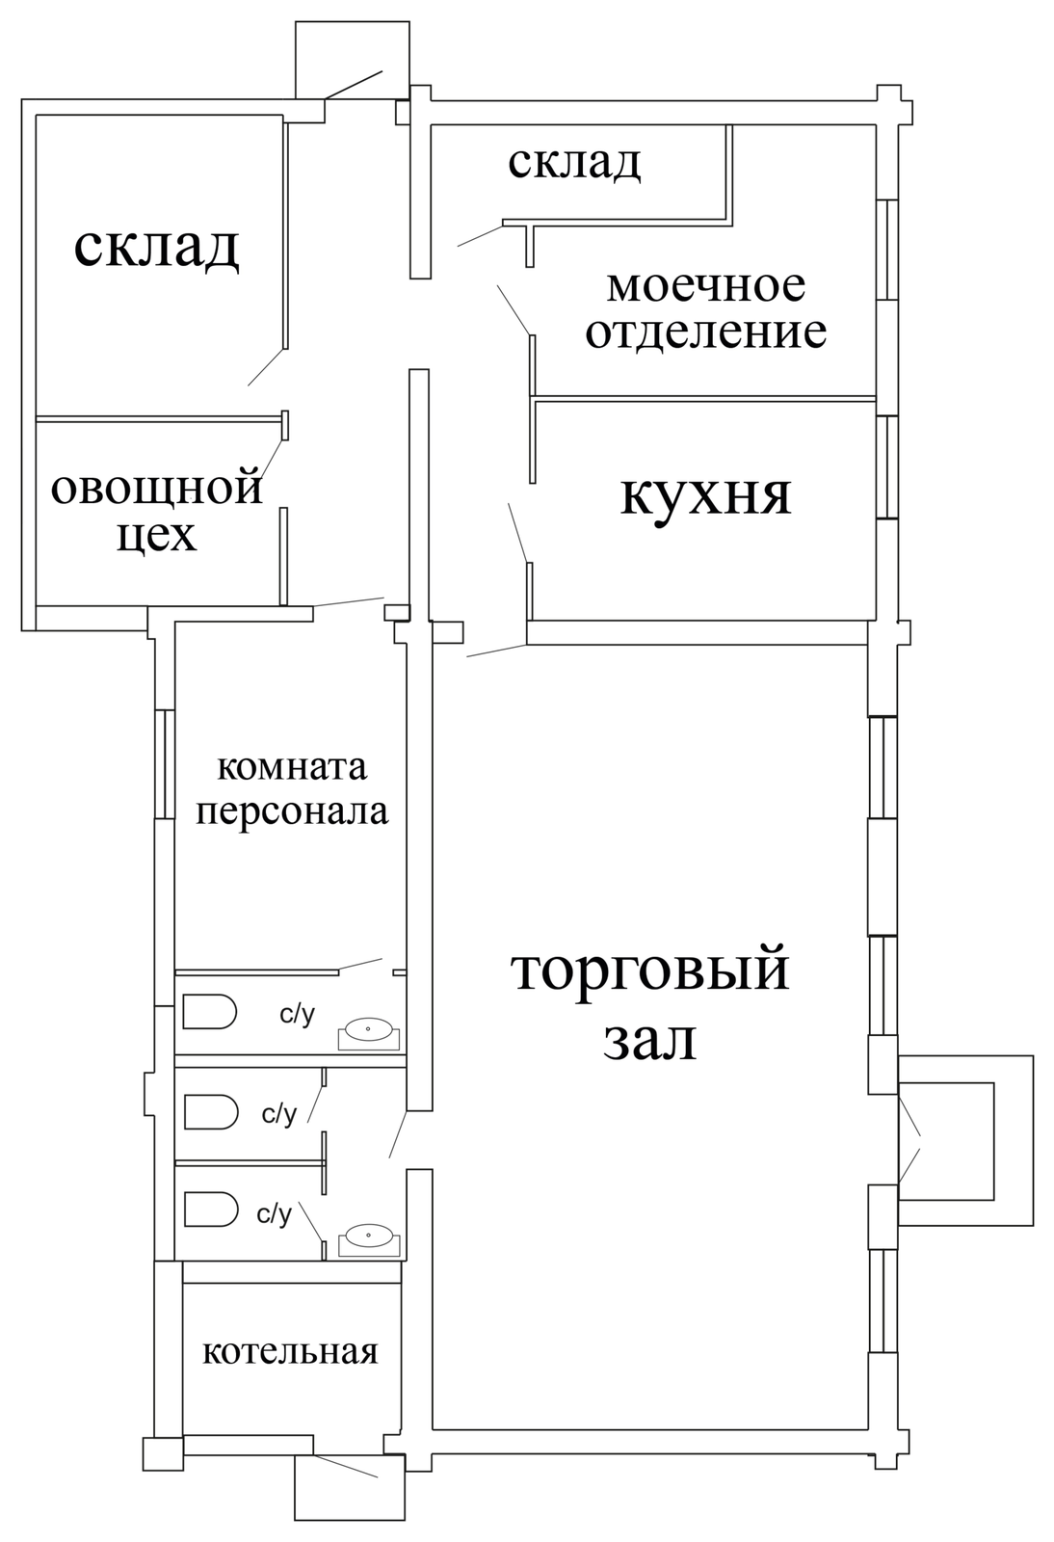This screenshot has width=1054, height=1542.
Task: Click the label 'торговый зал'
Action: pyautogui.click(x=650, y=1004)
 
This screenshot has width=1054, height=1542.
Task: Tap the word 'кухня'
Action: pyautogui.click(x=705, y=495)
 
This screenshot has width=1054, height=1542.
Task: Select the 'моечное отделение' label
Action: pyautogui.click(x=706, y=308)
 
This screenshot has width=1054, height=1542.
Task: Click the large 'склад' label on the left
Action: pyautogui.click(x=156, y=247)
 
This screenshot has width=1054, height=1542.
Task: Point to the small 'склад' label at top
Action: pyautogui.click(x=574, y=162)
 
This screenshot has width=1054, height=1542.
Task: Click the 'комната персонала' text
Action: pyautogui.click(x=292, y=789)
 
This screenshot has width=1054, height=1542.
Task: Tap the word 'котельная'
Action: pyautogui.click(x=289, y=1351)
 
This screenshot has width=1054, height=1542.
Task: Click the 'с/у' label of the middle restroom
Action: pyautogui.click(x=279, y=1114)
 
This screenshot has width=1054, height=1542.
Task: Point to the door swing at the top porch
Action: pyautogui.click(x=355, y=83)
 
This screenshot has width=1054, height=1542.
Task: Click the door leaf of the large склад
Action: pyautogui.click(x=267, y=367)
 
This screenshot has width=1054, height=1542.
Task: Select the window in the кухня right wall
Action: pyautogui.click(x=891, y=467)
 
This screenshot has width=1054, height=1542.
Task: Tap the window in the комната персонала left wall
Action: pyautogui.click(x=165, y=763)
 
